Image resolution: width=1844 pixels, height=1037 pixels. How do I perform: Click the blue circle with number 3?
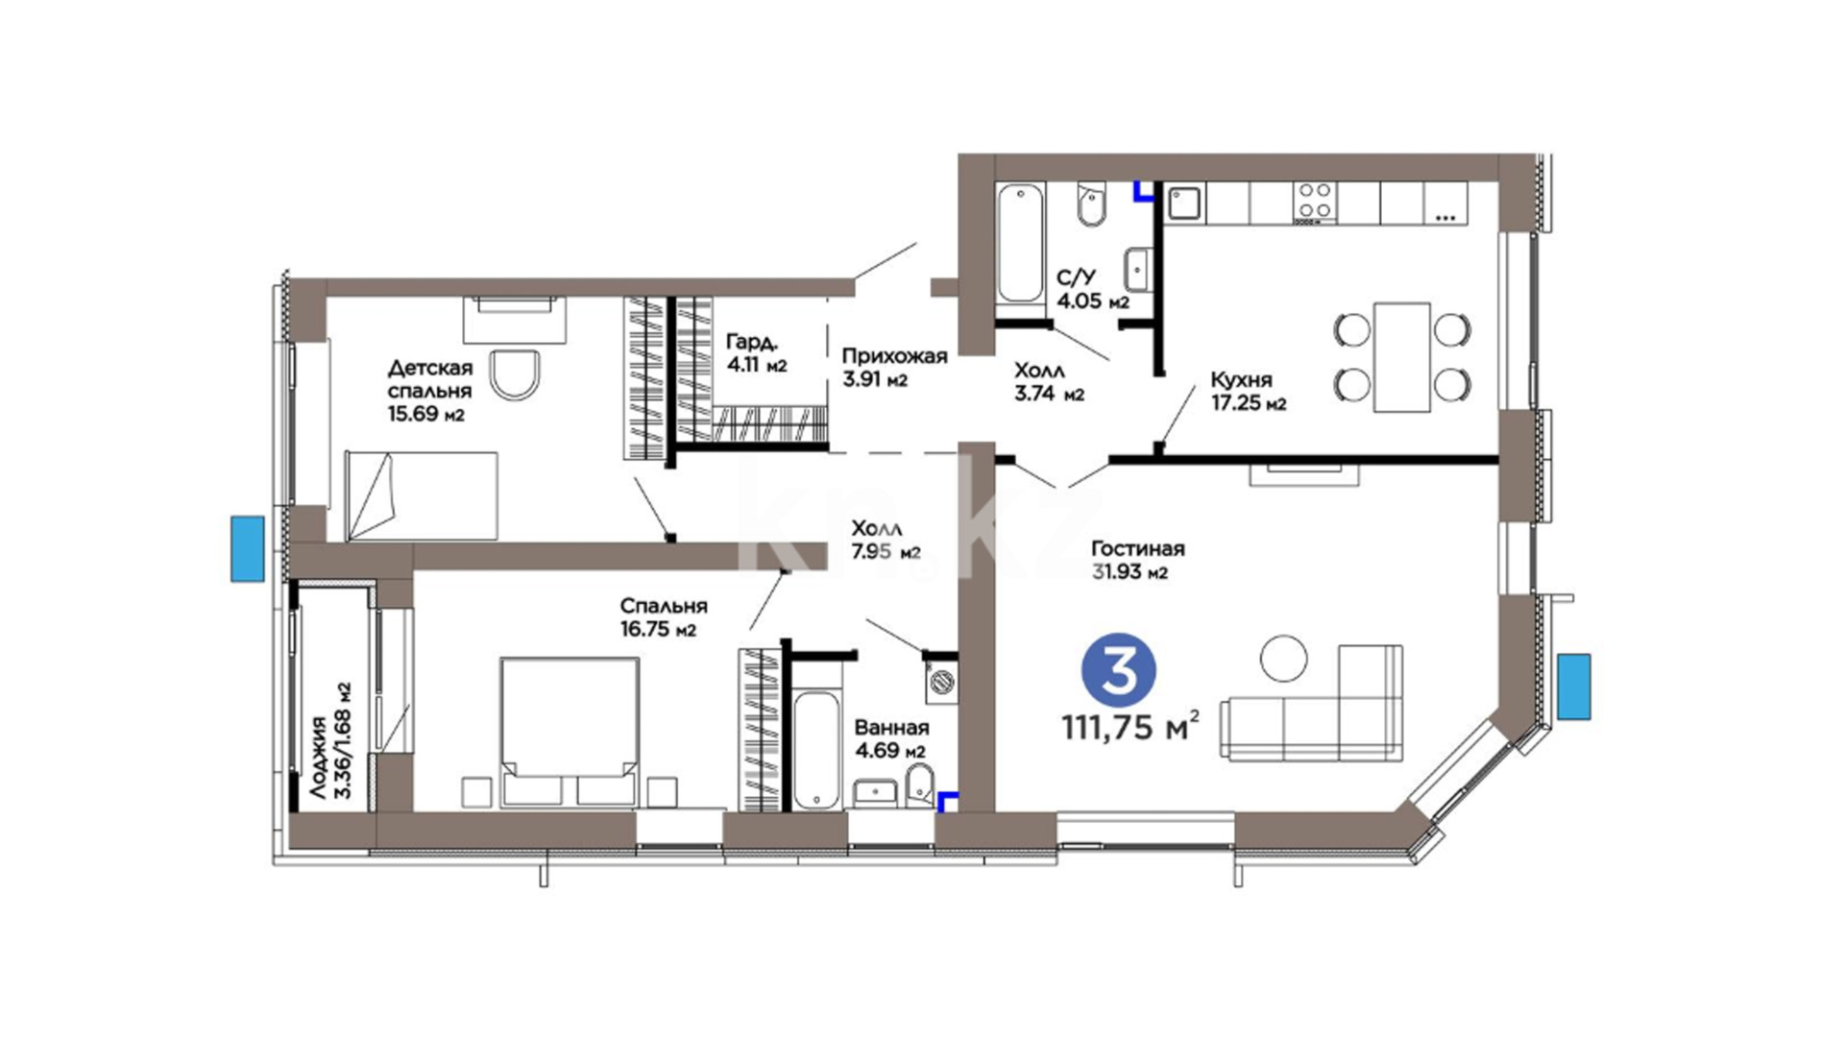tap(1119, 671)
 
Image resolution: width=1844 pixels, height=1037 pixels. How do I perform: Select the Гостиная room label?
tap(1138, 548)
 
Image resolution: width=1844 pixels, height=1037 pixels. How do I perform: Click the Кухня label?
tap(1241, 379)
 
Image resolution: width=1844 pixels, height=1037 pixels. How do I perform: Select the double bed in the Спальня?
tap(570, 731)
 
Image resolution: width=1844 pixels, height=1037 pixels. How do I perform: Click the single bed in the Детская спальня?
tap(422, 495)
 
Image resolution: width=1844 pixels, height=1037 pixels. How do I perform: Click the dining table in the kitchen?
tap(1402, 357)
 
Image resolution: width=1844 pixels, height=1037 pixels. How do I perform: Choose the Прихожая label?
tap(894, 356)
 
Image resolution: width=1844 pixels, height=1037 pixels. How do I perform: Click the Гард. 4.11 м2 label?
tap(757, 353)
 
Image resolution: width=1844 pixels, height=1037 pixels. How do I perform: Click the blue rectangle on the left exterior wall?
tap(247, 548)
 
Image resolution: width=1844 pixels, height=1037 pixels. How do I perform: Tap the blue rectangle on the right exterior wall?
tap(1574, 686)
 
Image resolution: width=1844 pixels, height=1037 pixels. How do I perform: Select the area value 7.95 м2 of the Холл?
tap(886, 551)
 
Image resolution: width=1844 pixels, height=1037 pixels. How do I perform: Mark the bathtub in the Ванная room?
tap(817, 748)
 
